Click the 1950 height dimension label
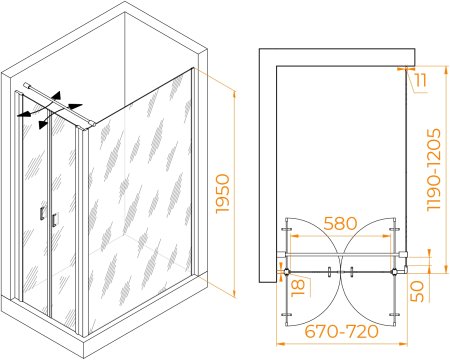[223, 194]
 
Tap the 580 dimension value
[340, 224]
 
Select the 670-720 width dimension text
[342, 331]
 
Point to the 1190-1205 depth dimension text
[434, 170]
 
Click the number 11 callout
[421, 80]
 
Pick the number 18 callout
[298, 287]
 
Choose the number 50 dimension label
[417, 291]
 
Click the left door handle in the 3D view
[42, 213]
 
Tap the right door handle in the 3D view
[55, 220]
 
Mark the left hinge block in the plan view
[287, 272]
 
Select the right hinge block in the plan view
[395, 272]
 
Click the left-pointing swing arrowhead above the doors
[23, 114]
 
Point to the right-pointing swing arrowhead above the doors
[75, 106]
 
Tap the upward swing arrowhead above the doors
[57, 96]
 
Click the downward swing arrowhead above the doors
[43, 124]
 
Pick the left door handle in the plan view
[329, 272]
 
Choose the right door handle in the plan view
[351, 272]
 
